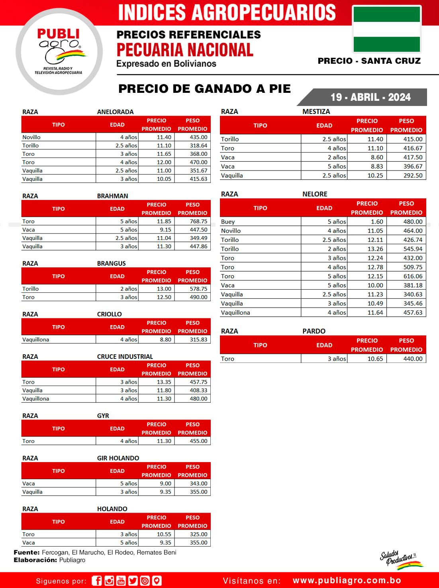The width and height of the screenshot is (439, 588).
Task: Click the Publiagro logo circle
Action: (x=59, y=52)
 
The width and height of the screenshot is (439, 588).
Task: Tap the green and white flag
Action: (x=387, y=29)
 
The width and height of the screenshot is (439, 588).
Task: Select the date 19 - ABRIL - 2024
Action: (x=370, y=97)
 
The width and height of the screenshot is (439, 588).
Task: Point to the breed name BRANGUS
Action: (x=111, y=263)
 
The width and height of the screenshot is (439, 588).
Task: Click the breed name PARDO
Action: (x=314, y=331)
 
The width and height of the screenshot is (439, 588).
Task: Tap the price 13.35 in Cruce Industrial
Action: (x=164, y=382)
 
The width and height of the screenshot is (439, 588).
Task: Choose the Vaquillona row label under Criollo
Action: (x=36, y=339)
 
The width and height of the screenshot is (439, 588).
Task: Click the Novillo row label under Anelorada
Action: (x=31, y=137)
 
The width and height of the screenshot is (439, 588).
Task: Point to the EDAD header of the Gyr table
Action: (x=117, y=428)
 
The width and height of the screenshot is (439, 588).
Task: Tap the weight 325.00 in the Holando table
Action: (x=198, y=534)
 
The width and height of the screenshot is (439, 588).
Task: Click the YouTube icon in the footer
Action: (x=121, y=581)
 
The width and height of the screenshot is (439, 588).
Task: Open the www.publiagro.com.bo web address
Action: (x=347, y=580)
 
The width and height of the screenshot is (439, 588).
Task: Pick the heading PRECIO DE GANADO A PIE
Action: (x=204, y=88)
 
